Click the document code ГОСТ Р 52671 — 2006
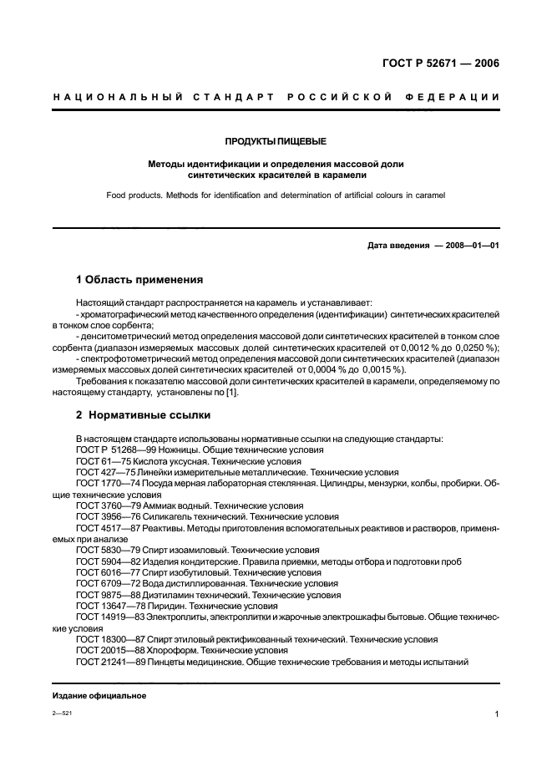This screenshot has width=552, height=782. [440, 63]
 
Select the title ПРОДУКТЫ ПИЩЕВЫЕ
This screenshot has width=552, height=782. [276, 141]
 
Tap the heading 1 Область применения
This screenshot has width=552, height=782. [139, 280]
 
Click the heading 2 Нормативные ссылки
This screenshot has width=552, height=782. [143, 414]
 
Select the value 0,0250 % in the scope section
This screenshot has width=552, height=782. [476, 348]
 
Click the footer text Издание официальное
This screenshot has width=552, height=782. [99, 695]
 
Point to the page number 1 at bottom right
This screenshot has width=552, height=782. [496, 714]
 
